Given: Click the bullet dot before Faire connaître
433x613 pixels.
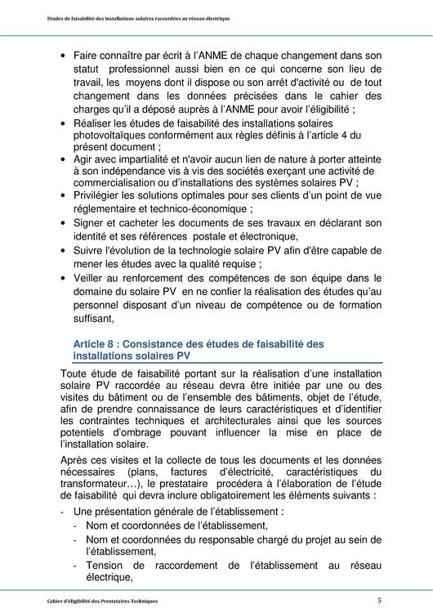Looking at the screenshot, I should (x=64, y=56).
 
